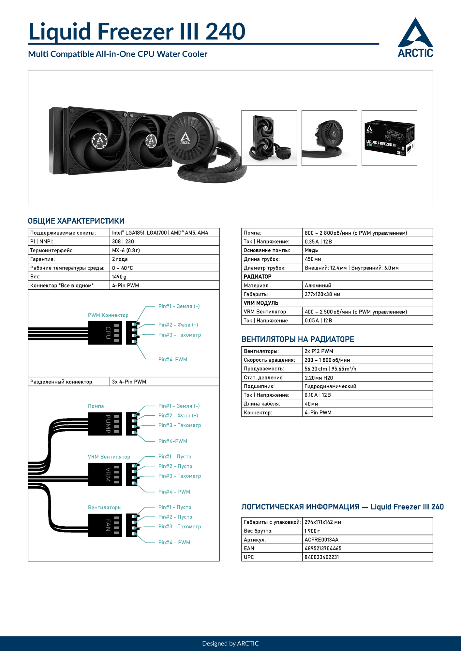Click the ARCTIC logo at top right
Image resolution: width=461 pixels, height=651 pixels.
click(415, 38)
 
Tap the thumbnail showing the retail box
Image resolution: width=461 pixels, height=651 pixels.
click(389, 138)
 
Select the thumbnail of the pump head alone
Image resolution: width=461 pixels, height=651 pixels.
click(329, 138)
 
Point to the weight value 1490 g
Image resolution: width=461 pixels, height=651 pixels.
click(119, 277)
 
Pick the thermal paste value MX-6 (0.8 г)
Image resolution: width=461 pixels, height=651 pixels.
click(126, 250)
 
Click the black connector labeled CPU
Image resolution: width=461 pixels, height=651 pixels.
click(105, 333)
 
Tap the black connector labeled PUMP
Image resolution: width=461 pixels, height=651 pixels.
click(105, 424)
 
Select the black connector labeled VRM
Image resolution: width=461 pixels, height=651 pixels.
click(105, 475)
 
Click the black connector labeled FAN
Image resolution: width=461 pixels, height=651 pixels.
click(105, 525)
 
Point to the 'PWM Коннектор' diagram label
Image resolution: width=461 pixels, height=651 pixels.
click(108, 315)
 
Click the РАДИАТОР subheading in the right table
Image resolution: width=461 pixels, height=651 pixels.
click(258, 277)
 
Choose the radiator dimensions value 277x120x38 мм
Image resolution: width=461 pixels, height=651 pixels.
click(322, 294)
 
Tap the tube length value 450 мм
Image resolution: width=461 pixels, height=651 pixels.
click(313, 259)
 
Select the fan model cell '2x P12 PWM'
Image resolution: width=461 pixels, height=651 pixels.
click(319, 351)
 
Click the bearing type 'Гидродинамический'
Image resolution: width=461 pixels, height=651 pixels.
click(330, 386)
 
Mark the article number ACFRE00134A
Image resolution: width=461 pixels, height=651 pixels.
click(321, 540)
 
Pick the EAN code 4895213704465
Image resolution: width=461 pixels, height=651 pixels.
click(323, 548)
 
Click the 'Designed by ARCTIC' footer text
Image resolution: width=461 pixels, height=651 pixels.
click(230, 644)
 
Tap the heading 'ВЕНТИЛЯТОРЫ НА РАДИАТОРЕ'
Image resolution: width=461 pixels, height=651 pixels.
click(298, 339)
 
